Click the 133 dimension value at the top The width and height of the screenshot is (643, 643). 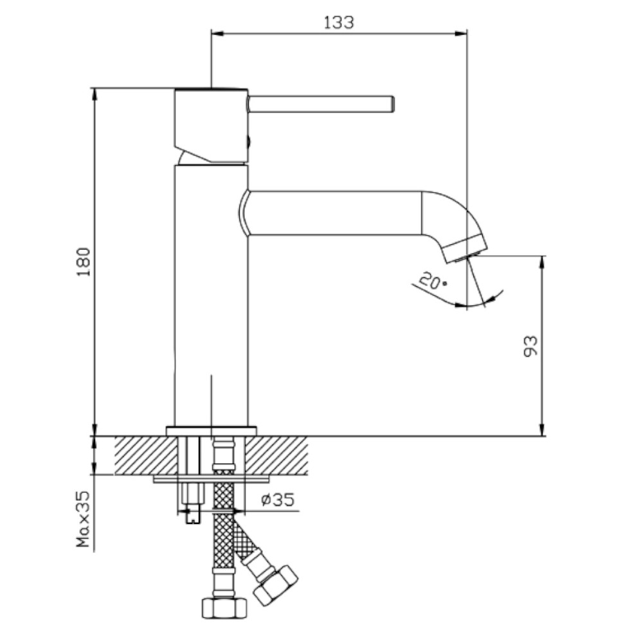click(339, 23)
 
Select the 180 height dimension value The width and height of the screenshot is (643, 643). click(84, 262)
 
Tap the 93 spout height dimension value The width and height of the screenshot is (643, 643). click(530, 346)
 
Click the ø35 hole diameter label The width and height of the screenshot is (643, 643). click(278, 499)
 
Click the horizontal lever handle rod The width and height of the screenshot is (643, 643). click(321, 104)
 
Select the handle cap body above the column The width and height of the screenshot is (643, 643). click(211, 125)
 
